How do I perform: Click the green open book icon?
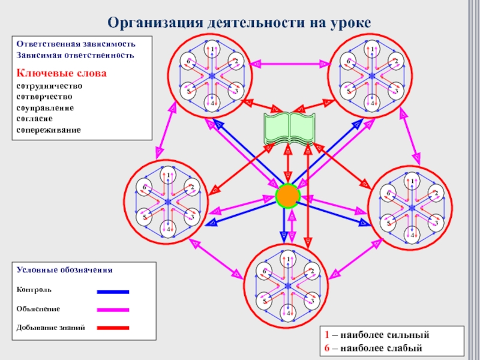(x=289, y=128)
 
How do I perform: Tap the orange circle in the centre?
(x=287, y=196)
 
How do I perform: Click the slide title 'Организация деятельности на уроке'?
(x=240, y=23)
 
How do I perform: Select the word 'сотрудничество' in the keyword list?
(x=49, y=86)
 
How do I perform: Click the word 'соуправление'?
(x=45, y=107)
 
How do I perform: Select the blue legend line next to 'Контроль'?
(x=113, y=292)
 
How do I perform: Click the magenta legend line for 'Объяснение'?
(x=113, y=310)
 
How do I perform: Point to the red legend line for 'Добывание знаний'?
(x=113, y=328)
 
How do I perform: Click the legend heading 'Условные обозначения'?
(x=64, y=271)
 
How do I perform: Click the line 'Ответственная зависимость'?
(x=76, y=44)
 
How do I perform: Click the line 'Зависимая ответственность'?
(x=75, y=55)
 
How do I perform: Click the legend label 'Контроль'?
(x=34, y=290)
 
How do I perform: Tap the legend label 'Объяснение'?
(x=38, y=308)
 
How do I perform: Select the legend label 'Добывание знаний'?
(x=50, y=328)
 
